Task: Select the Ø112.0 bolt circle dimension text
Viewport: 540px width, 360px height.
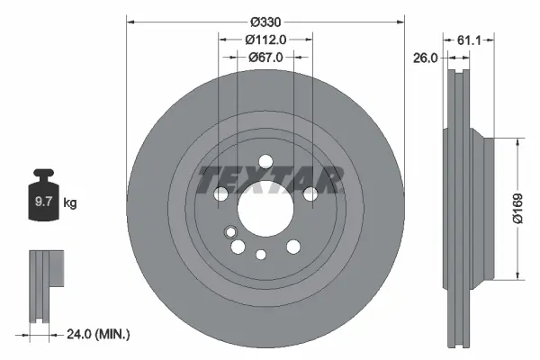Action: point(265,39)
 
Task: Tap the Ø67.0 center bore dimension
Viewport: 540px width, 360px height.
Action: point(265,57)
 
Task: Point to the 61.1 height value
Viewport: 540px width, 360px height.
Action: point(472,40)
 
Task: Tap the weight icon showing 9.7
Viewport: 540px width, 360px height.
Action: point(42,200)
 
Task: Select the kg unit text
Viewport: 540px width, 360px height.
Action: point(70,203)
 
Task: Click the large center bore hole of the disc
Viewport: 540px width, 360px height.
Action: point(255,211)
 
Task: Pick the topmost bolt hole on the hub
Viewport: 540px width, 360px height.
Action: point(265,163)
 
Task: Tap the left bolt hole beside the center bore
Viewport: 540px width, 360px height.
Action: point(220,193)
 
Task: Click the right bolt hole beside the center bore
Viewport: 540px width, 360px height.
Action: point(310,193)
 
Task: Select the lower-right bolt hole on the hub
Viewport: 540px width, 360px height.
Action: point(293,247)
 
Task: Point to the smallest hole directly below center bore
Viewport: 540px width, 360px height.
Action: point(261,254)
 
